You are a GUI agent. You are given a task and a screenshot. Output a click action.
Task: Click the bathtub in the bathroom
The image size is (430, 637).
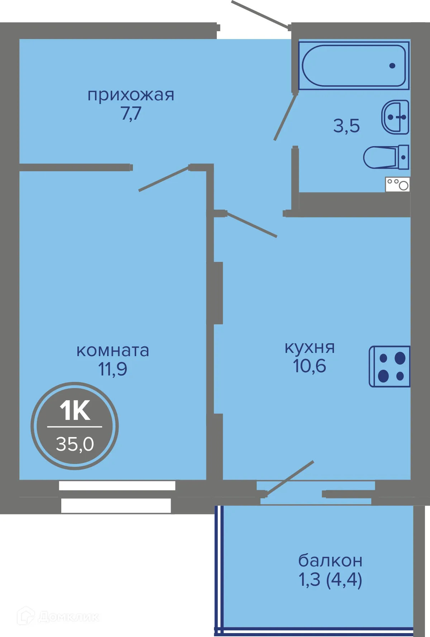click(354, 66)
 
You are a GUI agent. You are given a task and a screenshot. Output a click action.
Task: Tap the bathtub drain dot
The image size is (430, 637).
click(392, 66)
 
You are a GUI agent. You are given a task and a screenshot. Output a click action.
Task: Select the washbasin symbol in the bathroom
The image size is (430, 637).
click(395, 117)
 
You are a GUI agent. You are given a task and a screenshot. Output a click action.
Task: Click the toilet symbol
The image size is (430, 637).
click(386, 157)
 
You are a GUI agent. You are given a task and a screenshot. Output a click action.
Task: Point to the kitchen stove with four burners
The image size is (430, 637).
click(390, 367)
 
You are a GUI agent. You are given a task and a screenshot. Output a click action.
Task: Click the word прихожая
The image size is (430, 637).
click(131, 95)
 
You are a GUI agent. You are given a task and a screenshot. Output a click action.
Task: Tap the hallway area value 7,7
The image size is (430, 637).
click(131, 114)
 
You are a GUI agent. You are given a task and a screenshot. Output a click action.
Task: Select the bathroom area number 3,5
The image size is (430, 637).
click(346, 126)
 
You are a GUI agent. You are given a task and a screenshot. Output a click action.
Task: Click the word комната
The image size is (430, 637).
click(113, 351)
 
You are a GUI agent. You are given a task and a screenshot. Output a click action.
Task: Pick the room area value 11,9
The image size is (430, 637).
click(113, 369)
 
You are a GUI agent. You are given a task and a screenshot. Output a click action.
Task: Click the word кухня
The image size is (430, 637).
click(310, 348)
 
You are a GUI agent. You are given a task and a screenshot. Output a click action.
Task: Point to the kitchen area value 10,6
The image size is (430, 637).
click(310, 366)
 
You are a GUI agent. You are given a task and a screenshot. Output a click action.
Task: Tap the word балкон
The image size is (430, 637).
click(330, 561)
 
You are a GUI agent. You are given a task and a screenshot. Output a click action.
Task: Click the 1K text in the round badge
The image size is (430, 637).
click(75, 411)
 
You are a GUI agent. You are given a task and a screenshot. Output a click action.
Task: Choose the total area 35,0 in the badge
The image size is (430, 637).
click(75, 444)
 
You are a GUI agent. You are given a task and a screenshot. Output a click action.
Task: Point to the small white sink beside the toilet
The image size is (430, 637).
click(397, 185)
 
